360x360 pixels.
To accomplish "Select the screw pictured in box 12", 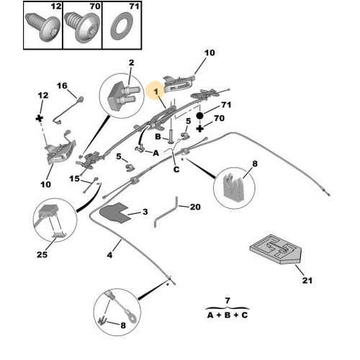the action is coord(42,27).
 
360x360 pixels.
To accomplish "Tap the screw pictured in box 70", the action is coord(82,27).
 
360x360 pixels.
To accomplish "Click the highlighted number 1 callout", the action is coord(156,91).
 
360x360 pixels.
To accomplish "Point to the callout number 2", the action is coord(131,63).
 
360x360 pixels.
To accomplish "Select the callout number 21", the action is coord(307,280).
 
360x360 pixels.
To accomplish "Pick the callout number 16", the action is coord(62,86).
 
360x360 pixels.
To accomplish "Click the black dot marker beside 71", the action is coord(199,116).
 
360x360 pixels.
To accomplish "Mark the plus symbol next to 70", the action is coord(200,128).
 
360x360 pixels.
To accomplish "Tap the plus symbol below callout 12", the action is coord(40,118).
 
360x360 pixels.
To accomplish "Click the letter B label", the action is coord(158,137).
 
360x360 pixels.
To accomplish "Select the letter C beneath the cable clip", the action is coord(176,169).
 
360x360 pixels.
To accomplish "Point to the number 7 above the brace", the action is coord(228,300).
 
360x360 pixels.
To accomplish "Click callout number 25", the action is coord(42,255).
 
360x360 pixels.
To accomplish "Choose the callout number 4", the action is coord(109,255).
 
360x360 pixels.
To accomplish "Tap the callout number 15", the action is coord(74,179).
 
